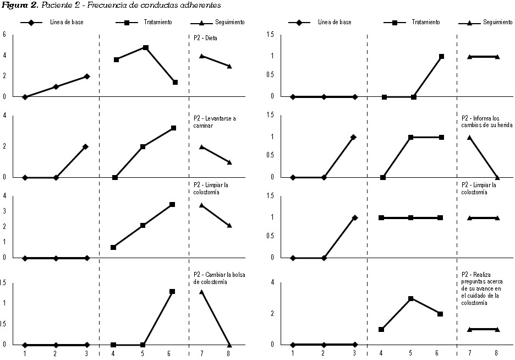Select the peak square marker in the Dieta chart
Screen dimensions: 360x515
(146, 47)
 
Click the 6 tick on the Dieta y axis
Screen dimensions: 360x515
(4, 34)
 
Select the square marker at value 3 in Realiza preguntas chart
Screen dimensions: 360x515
(410, 298)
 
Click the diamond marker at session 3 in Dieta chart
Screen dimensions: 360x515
(87, 77)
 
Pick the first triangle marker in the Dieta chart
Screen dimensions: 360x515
(202, 56)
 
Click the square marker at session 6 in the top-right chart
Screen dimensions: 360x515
(441, 56)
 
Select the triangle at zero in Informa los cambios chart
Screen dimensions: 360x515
(497, 177)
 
